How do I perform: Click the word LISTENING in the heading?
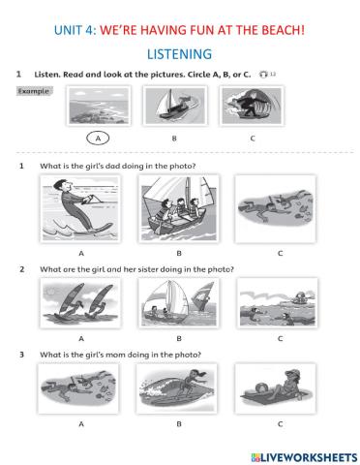(179, 54)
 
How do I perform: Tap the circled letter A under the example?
(98, 139)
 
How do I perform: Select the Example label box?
(34, 91)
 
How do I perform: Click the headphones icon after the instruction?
(263, 75)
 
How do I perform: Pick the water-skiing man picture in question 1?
(80, 208)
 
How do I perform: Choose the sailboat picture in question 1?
(178, 208)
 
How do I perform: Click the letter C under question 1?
(280, 253)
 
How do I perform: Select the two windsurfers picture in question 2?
(80, 303)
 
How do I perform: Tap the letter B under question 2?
(179, 338)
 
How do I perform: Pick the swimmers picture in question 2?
(277, 303)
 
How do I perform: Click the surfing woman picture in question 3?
(176, 388)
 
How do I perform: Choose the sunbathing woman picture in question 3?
(276, 388)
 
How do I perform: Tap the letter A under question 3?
(81, 423)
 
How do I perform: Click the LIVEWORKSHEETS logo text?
(304, 457)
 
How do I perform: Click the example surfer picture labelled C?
(252, 106)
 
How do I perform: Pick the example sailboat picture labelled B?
(175, 106)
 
